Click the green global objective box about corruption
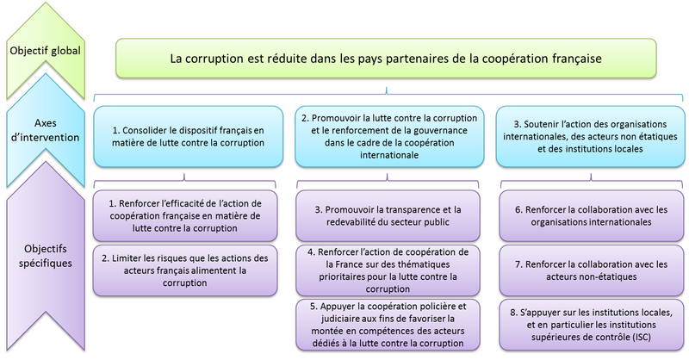tap(386, 59)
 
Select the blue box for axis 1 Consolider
tap(188, 136)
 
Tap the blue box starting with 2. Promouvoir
tap(389, 136)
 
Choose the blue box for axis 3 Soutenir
tap(590, 136)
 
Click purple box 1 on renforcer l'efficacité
tap(185, 216)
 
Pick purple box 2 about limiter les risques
tap(185, 270)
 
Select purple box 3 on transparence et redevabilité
tap(388, 216)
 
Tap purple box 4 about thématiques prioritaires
tap(388, 270)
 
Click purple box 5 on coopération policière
tap(388, 325)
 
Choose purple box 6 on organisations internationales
tap(591, 216)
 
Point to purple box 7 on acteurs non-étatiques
tap(591, 270)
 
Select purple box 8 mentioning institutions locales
tap(591, 325)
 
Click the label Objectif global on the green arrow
tap(46, 51)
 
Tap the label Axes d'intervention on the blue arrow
tap(46, 130)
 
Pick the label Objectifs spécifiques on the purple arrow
tap(46, 256)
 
